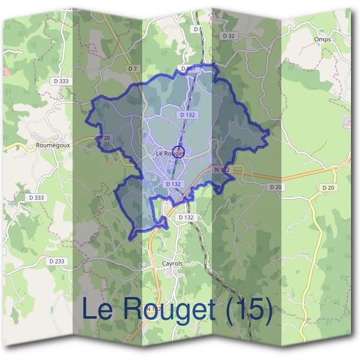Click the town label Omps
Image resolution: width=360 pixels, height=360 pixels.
coord(322,40)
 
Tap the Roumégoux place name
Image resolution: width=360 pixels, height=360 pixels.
coord(55,145)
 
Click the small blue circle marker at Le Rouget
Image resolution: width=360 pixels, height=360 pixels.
coord(178,151)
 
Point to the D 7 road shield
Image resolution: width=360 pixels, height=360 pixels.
coord(133,69)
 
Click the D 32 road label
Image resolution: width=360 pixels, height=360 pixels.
coord(228,36)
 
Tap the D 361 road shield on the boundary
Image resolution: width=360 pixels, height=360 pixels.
coord(188,70)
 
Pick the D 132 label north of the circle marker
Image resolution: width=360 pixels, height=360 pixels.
coord(188,114)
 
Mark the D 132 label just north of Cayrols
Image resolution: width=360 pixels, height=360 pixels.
coord(186,217)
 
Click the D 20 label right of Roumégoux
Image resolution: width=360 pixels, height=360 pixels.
coord(104,138)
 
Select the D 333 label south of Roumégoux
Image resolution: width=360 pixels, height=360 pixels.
coord(37,197)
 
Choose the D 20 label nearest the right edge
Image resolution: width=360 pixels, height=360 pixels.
coord(328,187)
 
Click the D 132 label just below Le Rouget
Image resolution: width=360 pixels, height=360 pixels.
coord(173,184)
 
